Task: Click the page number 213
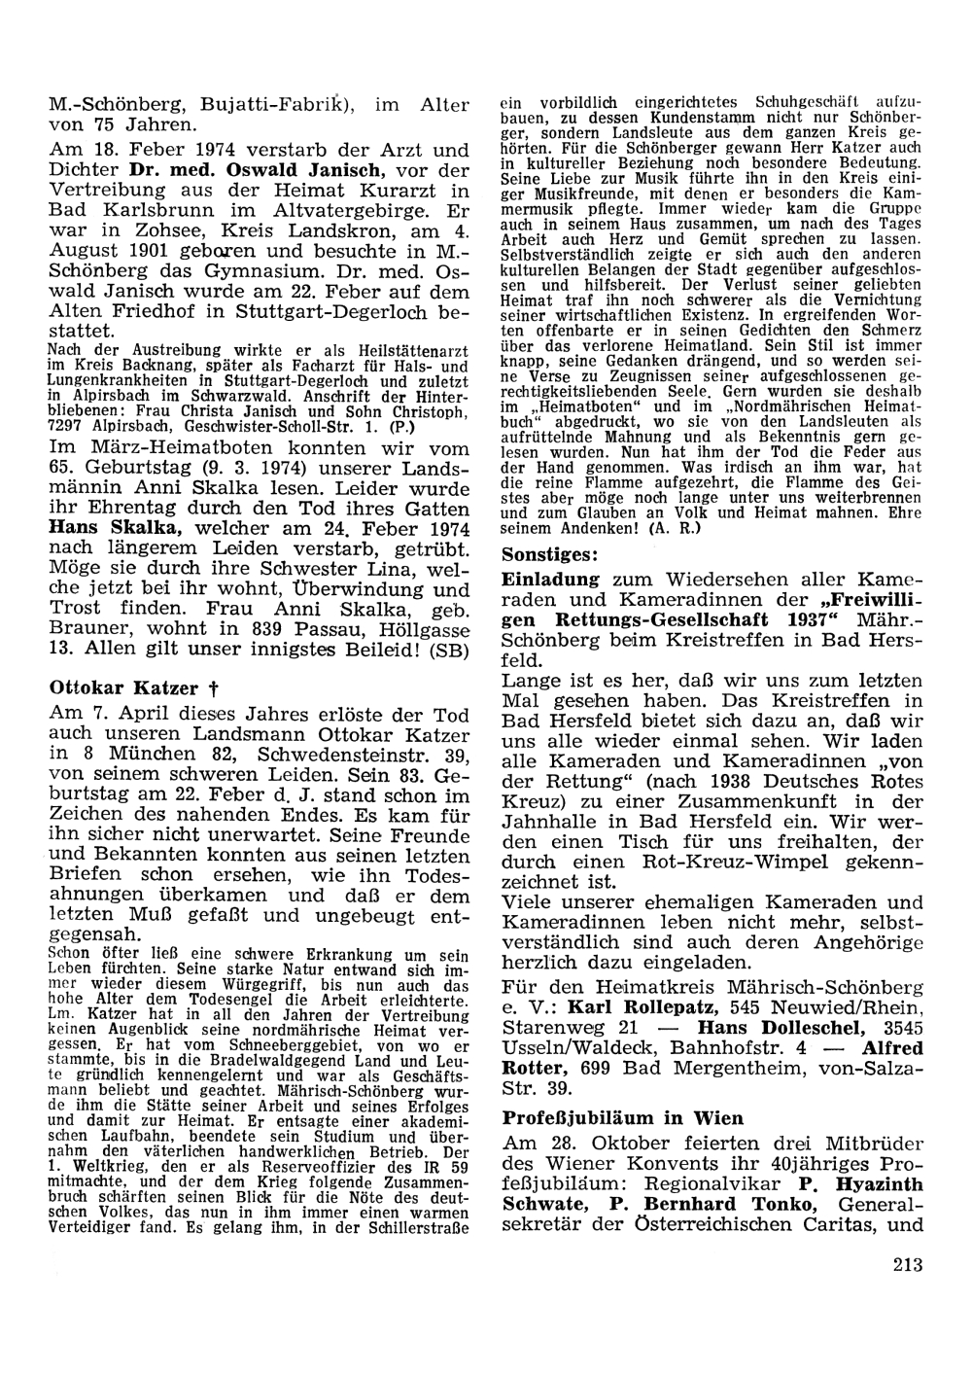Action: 904,1264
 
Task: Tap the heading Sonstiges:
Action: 550,554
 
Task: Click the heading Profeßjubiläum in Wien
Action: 623,1117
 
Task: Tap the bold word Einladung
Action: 546,578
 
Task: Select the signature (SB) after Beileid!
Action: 453,650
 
